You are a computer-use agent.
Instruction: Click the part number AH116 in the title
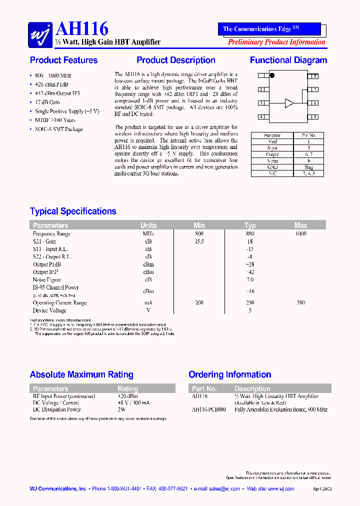tap(82, 29)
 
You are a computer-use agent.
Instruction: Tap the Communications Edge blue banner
tap(269, 29)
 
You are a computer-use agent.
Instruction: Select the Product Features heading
tap(63, 60)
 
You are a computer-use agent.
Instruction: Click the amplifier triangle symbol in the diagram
tap(289, 103)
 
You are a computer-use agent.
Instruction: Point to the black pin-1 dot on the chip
tap(272, 76)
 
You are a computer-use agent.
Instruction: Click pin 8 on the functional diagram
tap(314, 76)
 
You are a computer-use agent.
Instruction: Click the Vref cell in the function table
tap(273, 141)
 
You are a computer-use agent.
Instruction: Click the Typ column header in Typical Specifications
tap(250, 225)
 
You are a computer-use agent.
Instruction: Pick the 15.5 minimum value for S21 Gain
tap(199, 241)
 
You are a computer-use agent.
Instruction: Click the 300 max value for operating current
tap(300, 303)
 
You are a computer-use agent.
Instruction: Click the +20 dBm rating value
tap(126, 396)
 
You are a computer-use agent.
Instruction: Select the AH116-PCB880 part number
tap(208, 409)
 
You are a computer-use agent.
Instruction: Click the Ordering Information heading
tap(229, 374)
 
